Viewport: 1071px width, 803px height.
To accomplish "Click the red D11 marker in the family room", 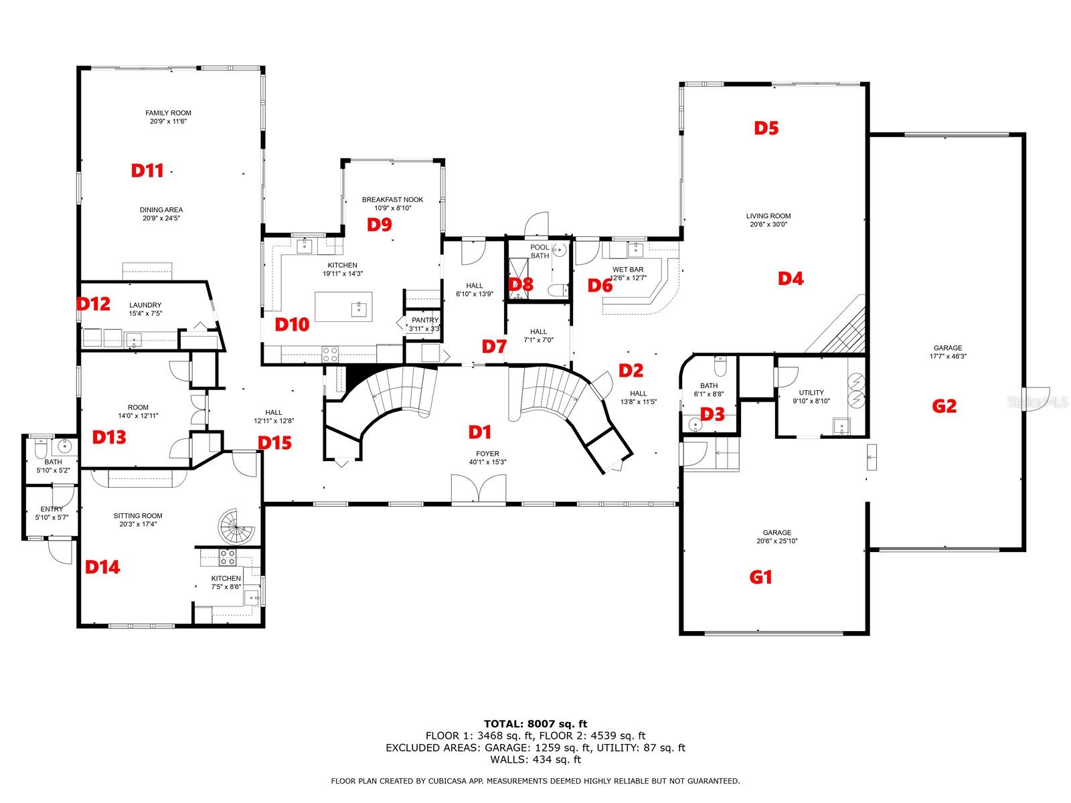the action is pos(147,171).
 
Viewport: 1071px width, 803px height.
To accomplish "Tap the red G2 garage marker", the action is pos(944,406).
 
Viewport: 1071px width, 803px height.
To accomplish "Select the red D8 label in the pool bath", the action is pos(521,284).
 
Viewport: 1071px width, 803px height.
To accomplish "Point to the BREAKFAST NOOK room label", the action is pos(392,199).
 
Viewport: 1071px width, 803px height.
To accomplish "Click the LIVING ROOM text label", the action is pos(768,216).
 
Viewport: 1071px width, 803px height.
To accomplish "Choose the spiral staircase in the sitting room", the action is pos(236,527).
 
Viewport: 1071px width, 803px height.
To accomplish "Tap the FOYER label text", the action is pos(487,454).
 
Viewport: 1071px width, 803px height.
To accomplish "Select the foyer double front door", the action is pos(478,488).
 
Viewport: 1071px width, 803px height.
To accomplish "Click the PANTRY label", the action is pos(425,321).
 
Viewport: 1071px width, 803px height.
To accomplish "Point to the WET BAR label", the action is pos(628,270).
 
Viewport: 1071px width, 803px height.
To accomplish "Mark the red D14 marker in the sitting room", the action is pos(102,567).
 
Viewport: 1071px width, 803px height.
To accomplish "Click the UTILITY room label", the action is pos(811,393).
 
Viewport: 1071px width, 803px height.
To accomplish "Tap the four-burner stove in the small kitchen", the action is pos(228,557).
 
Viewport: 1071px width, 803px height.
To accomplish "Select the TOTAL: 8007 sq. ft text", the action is pos(535,724).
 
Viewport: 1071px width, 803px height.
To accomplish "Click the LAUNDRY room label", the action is pos(145,305).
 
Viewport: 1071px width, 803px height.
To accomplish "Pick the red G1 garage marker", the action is pos(760,577).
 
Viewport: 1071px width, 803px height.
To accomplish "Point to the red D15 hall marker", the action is pos(274,443).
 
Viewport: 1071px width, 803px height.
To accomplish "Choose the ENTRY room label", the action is pos(52,509).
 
